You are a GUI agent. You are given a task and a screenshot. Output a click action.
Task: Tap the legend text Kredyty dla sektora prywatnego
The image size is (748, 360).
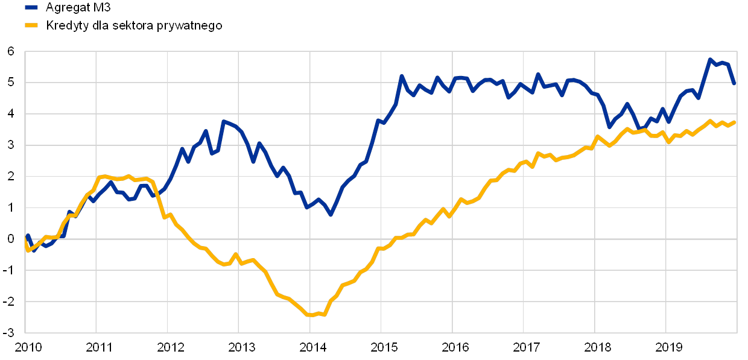[x=134, y=25]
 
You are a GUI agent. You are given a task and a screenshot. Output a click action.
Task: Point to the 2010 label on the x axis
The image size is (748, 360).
[x=28, y=347]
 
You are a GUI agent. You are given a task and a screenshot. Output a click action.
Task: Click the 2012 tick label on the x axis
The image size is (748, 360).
[x=171, y=347]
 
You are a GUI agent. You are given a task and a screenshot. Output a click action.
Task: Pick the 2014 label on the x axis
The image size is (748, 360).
[x=313, y=347]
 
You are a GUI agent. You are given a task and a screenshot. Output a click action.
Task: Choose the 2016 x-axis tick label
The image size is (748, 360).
[x=455, y=347]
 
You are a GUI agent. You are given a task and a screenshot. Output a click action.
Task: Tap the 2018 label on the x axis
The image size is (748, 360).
[x=598, y=347]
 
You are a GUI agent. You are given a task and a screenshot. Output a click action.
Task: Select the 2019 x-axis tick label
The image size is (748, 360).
[x=669, y=347]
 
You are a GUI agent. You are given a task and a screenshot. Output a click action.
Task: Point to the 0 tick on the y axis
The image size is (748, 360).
[x=11, y=239]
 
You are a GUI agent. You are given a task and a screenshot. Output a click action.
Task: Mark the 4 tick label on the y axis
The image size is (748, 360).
[x=11, y=113]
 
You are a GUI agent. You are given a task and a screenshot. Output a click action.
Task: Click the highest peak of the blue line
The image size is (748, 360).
[x=710, y=59]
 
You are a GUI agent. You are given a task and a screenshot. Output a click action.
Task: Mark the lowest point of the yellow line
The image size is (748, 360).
[x=310, y=315]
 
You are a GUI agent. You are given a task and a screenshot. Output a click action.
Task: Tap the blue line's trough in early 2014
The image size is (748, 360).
[x=330, y=214]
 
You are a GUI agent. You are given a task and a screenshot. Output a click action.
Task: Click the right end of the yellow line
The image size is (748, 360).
[x=735, y=122]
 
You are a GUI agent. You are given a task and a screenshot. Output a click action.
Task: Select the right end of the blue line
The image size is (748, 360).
[x=734, y=84]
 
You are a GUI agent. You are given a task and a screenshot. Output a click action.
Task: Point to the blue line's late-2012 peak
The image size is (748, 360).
[x=223, y=121]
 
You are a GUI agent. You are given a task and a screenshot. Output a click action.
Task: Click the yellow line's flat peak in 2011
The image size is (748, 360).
[x=104, y=177]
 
